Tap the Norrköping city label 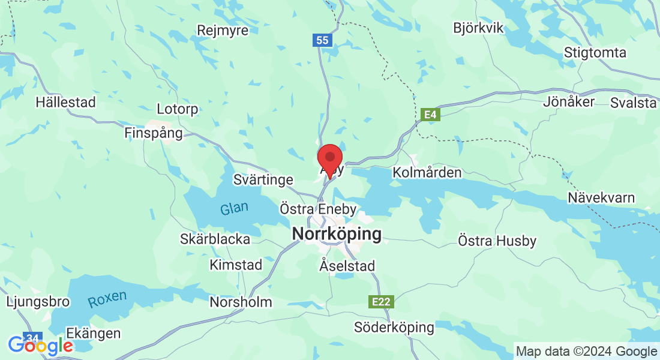tap(337, 234)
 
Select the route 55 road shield tap(322, 40)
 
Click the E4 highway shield tap(430, 115)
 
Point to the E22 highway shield tap(382, 302)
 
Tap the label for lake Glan tap(234, 209)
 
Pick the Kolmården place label tap(427, 173)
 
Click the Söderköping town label tap(394, 328)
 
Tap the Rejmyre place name tap(223, 31)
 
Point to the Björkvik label tap(479, 28)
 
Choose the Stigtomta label tap(595, 52)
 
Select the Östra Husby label tap(497, 241)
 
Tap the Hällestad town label tap(65, 102)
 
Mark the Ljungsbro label tap(38, 301)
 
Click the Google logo tap(40, 345)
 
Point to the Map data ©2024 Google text tap(586, 351)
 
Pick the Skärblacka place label tap(215, 239)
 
